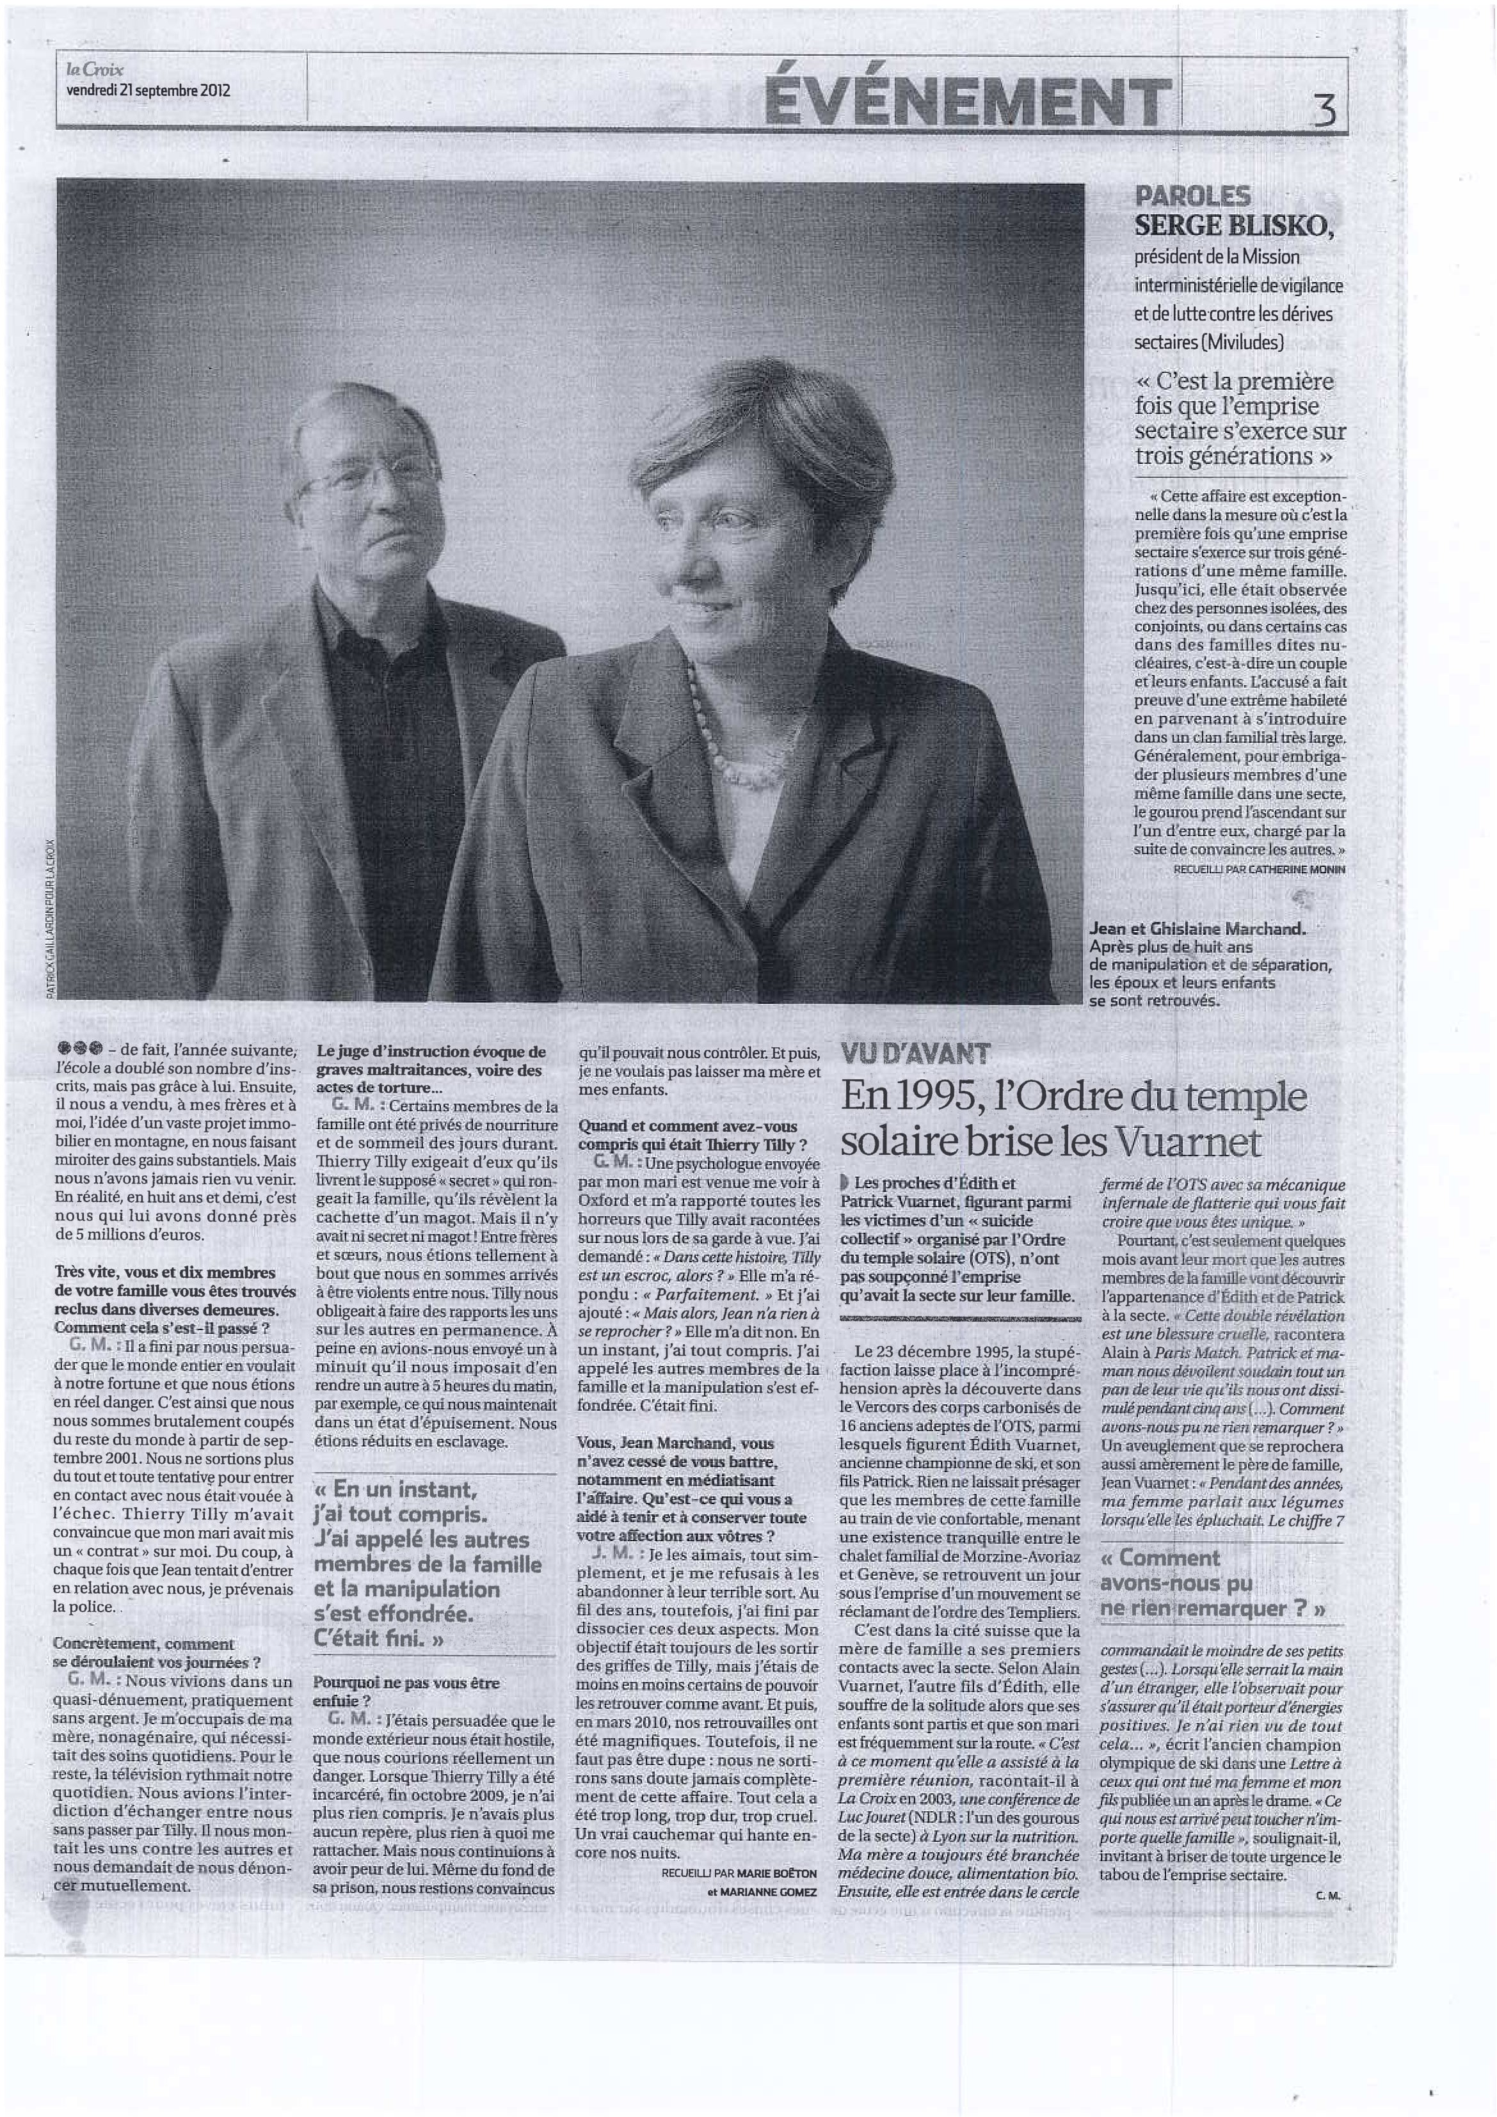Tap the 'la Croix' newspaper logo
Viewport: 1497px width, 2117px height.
(94, 69)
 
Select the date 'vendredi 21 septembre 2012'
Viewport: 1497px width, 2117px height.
(148, 90)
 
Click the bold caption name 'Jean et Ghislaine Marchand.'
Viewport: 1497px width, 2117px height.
(1197, 928)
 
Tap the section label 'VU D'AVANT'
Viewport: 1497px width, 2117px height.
(915, 1053)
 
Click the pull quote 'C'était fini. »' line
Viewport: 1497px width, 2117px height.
(378, 1638)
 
